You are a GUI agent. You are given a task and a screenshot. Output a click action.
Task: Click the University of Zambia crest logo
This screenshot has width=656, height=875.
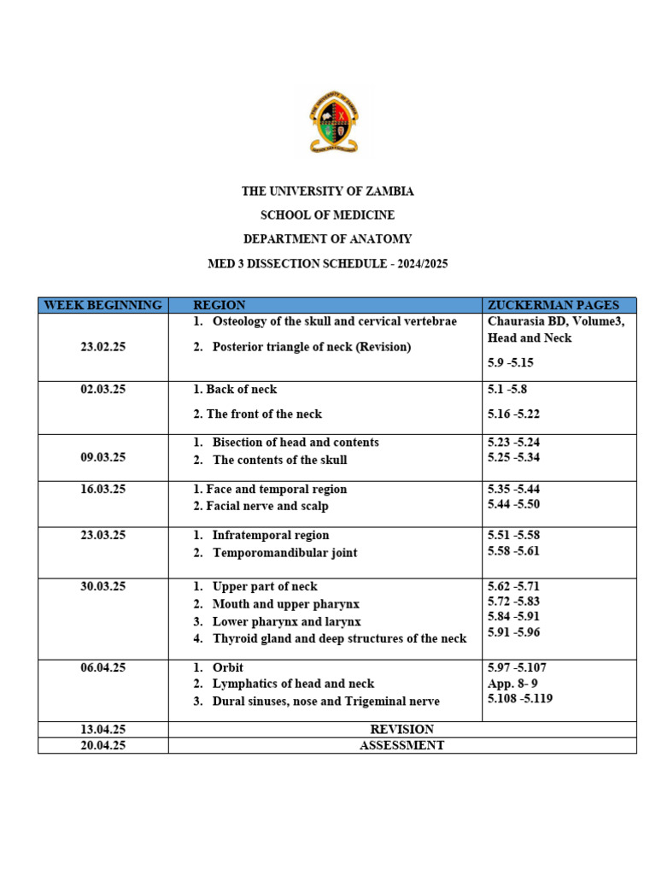[334, 122]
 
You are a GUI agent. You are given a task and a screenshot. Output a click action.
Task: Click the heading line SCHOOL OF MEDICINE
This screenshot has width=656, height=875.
[327, 215]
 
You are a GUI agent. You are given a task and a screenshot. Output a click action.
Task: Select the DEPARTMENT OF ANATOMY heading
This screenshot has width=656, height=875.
[327, 239]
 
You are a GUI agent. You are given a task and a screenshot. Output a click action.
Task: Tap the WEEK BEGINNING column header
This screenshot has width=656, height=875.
[102, 305]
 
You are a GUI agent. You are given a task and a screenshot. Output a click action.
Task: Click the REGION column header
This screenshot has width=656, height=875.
[220, 305]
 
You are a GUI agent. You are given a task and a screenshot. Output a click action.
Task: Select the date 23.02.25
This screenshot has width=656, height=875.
[103, 348]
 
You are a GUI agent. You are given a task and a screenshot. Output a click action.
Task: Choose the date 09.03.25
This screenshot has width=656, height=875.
[103, 457]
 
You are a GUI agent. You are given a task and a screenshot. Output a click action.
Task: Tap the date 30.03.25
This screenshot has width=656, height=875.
[103, 586]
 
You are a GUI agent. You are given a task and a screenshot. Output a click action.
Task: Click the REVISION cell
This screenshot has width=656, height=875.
[401, 730]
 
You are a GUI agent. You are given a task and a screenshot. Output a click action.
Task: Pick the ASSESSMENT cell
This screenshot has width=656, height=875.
[401, 745]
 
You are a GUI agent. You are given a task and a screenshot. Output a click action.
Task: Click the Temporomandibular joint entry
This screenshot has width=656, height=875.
[284, 553]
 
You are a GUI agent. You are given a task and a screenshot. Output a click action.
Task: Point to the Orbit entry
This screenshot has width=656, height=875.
[228, 667]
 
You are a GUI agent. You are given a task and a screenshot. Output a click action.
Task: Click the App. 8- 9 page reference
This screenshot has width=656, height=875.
[512, 683]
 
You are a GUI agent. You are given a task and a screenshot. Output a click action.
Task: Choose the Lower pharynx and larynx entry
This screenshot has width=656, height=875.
[286, 621]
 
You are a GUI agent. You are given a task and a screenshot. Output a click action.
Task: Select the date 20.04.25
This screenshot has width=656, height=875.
[103, 745]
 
